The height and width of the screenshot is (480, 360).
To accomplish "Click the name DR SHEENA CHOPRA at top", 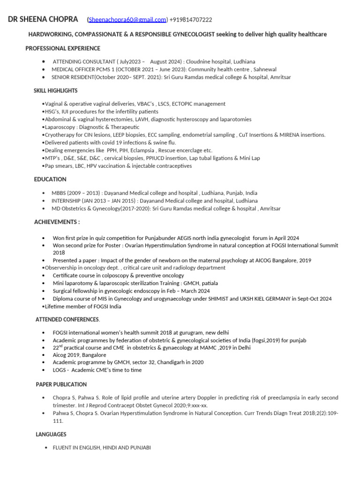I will tap(43, 20).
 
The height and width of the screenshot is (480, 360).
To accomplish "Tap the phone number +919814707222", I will tap(191, 20).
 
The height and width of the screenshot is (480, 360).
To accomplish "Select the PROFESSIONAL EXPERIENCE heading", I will tap(62, 48).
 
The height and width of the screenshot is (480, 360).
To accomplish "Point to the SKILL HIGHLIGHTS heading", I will tap(55, 90).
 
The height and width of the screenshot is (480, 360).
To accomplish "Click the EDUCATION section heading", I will tap(50, 179).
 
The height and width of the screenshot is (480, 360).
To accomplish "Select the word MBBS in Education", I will tap(59, 193).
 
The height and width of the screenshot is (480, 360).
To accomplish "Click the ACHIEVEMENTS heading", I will tap(57, 222).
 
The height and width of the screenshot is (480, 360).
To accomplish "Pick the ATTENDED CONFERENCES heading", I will tap(67, 319).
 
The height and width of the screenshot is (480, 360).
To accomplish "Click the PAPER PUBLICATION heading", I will tap(61, 384).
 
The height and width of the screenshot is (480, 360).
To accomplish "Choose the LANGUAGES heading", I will tap(51, 435).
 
